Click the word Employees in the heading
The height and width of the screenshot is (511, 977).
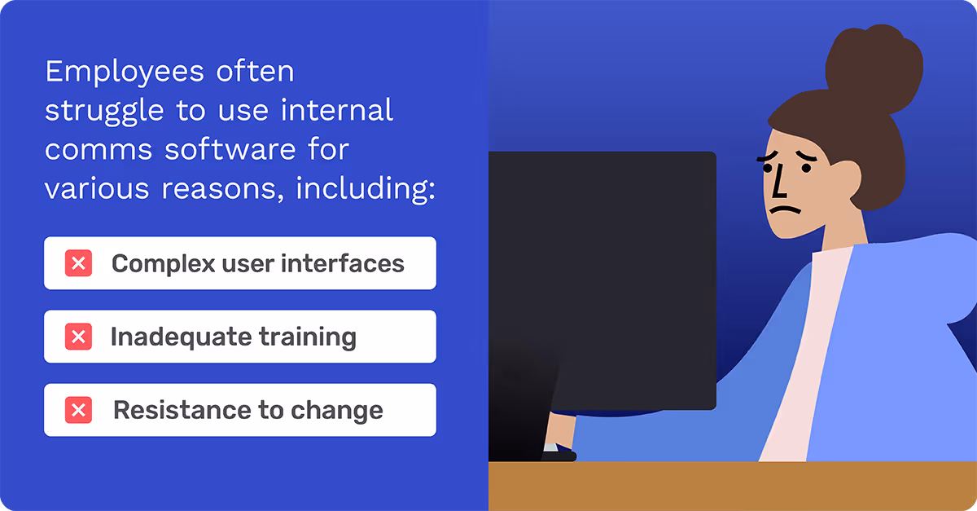click(113, 73)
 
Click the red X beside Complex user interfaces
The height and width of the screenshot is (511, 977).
click(78, 263)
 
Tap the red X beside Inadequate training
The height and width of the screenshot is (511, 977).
click(78, 337)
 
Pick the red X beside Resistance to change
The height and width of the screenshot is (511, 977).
click(78, 410)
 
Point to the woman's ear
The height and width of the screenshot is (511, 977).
click(843, 178)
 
